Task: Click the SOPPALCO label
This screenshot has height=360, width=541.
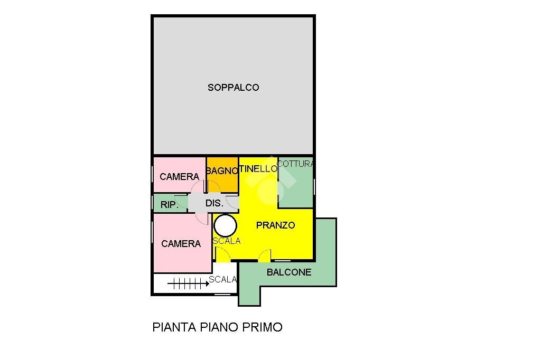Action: [233, 88]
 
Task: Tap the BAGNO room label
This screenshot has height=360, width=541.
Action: [222, 170]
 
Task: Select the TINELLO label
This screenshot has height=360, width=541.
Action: [258, 169]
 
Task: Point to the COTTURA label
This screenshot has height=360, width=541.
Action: [296, 164]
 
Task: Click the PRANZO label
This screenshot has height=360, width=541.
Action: [275, 225]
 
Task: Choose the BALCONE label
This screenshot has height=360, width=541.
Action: [289, 272]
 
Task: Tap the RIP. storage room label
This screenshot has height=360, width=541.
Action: [169, 205]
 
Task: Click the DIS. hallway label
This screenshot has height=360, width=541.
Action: [213, 203]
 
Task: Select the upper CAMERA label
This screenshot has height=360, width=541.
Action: [179, 176]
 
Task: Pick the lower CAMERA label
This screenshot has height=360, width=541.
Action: [181, 243]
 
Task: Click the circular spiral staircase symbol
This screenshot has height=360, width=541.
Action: [226, 225]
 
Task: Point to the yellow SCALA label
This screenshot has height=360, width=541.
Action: [227, 241]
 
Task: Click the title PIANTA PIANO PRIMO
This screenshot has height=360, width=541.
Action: [217, 327]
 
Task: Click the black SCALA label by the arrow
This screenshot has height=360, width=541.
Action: [222, 280]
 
